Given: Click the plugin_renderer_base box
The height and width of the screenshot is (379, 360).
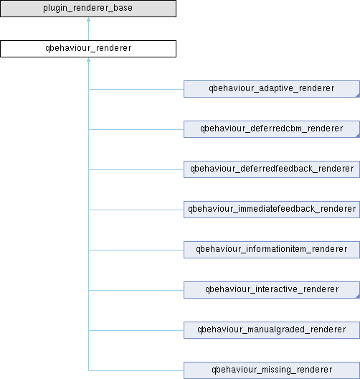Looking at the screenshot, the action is tap(88, 9).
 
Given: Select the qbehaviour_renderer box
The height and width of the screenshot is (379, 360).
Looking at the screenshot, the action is tap(88, 49).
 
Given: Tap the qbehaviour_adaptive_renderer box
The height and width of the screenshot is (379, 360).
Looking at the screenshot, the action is tap(272, 89).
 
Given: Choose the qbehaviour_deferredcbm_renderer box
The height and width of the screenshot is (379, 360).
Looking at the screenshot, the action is tap(272, 129).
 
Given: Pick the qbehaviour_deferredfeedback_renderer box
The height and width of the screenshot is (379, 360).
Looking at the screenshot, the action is tap(272, 169).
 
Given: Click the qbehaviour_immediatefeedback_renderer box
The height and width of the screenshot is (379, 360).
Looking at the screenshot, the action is tap(272, 210).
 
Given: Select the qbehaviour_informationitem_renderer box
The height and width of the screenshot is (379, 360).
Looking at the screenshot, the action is tap(272, 250).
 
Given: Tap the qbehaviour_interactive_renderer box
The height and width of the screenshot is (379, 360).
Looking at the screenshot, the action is tap(272, 290).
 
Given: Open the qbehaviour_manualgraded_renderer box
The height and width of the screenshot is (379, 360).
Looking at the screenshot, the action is tap(272, 330).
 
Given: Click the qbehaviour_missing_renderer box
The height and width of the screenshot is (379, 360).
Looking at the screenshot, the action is tap(272, 370).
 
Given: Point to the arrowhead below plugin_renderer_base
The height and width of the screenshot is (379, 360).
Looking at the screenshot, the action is tap(89, 19).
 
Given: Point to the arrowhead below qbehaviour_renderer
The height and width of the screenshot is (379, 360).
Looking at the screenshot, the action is tap(89, 60).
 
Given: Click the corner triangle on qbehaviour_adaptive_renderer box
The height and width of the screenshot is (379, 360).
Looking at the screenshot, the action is tap(358, 95).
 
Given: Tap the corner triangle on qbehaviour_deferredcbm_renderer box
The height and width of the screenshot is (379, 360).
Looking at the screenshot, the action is tap(358, 136).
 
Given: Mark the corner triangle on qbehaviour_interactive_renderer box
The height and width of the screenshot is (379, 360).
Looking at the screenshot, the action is tap(358, 296).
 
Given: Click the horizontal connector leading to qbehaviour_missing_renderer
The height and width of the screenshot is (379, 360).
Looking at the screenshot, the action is tap(136, 370).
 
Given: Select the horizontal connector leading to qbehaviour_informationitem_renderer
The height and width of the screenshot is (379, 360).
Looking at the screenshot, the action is tap(136, 251).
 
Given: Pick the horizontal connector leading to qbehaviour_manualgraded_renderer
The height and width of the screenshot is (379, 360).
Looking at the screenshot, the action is tap(136, 330).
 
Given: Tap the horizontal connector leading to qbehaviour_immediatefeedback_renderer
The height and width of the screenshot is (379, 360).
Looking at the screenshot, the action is tap(136, 210).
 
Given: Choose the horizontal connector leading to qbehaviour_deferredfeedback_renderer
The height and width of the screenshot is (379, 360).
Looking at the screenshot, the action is tap(136, 169).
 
